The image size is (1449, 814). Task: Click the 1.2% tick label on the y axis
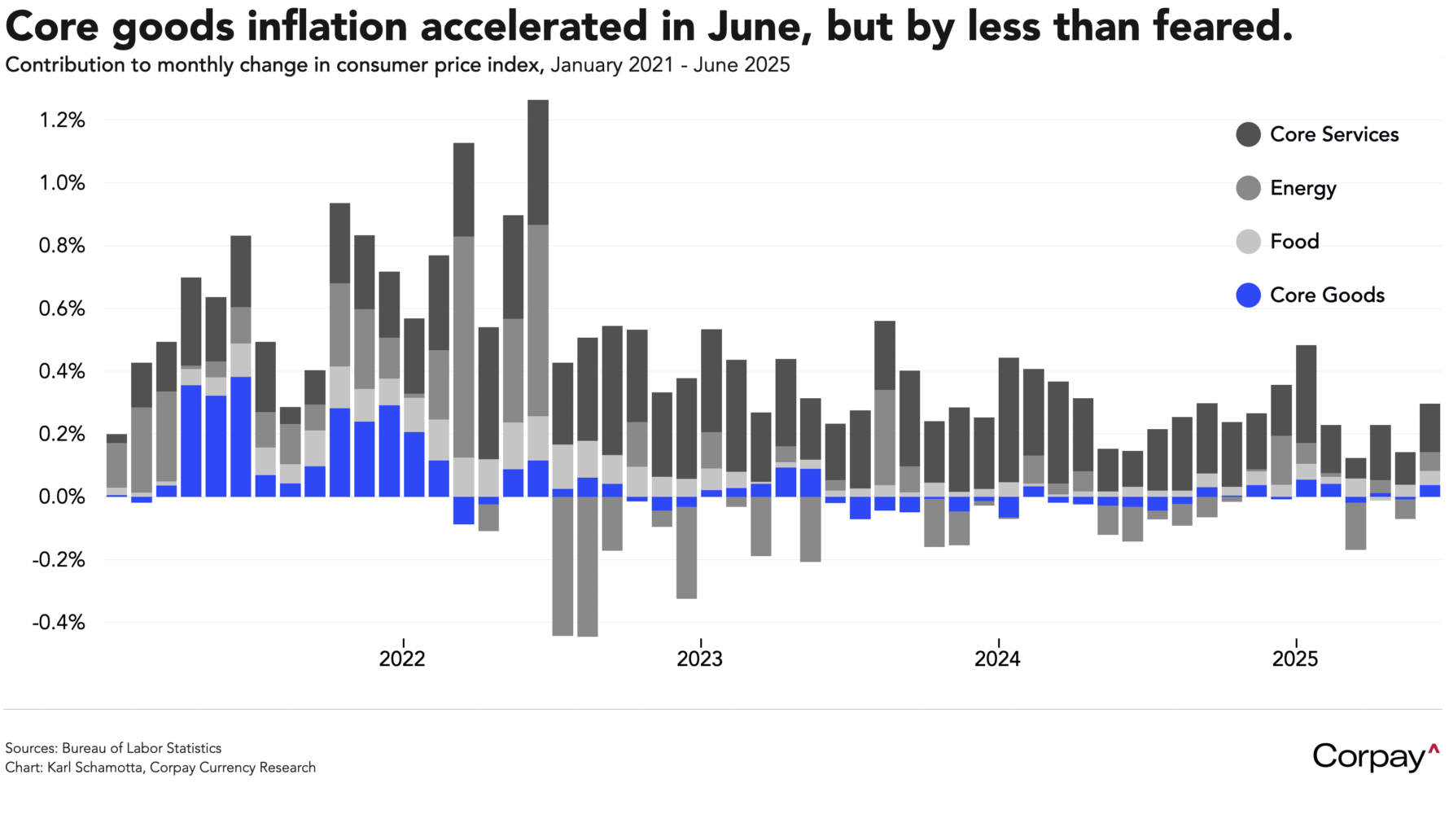[62, 120]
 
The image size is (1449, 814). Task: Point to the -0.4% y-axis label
[59, 623]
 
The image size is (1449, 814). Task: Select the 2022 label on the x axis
[402, 659]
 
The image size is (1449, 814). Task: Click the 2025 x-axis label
[1294, 659]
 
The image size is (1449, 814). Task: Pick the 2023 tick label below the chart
[699, 659]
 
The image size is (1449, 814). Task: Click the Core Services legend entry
[1333, 134]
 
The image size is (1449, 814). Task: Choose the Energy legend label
[1302, 188]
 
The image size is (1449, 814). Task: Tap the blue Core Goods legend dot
[1248, 295]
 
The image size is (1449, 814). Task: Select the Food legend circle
[1248, 242]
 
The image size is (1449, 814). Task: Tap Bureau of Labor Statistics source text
[142, 748]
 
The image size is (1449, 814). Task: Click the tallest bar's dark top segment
[538, 162]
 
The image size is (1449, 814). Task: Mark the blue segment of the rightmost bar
[1430, 491]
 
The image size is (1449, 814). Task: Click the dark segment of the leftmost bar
[116, 438]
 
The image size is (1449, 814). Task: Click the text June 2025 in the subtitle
[742, 65]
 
